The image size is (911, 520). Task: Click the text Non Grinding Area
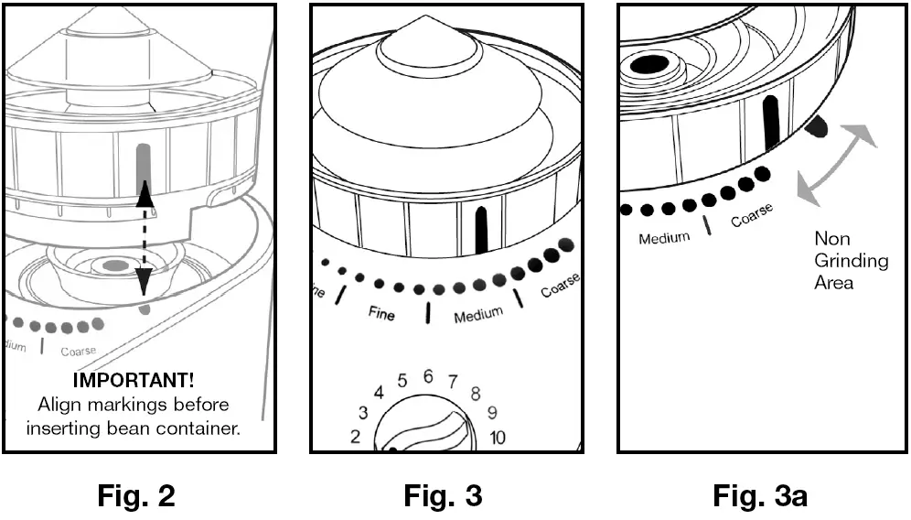851,261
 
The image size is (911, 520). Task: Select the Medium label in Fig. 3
478,316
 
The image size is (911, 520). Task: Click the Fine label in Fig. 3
381,314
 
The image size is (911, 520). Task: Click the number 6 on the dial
427,376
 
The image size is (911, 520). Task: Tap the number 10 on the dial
497,438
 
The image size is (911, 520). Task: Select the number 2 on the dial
355,437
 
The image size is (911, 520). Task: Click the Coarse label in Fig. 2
78,352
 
